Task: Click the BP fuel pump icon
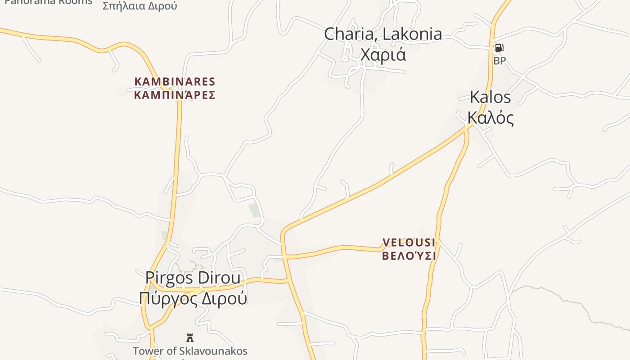tap(499, 48)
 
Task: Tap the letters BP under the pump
tap(499, 61)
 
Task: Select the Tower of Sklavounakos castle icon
tap(190, 337)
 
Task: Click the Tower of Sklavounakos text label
tap(190, 351)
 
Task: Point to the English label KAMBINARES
tap(175, 82)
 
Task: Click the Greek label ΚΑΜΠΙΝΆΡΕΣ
tap(175, 95)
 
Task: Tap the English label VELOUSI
tap(409, 243)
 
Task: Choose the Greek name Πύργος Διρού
tap(193, 298)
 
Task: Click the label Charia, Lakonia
tap(383, 34)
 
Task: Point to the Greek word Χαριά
tap(383, 54)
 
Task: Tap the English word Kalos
tap(490, 97)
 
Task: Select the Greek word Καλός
tap(490, 117)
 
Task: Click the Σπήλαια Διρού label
tap(140, 6)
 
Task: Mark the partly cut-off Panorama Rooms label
tap(48, 2)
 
